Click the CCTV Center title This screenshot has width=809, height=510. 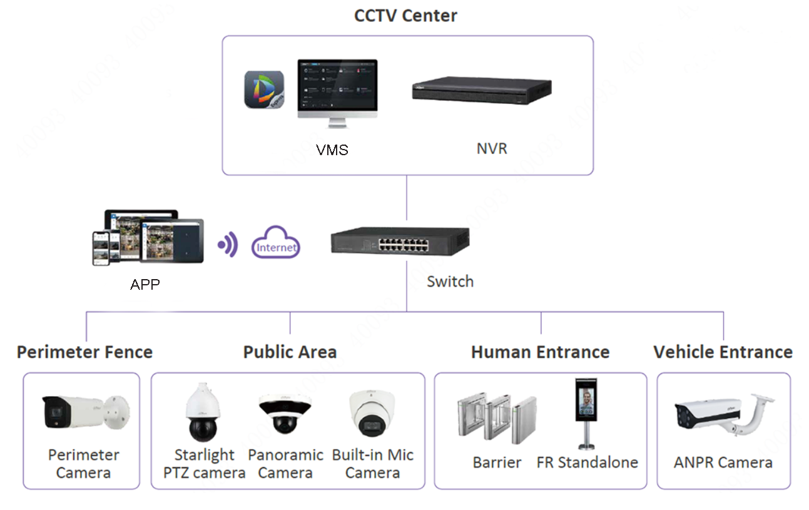tap(405, 16)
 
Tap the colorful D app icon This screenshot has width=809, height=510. tap(264, 89)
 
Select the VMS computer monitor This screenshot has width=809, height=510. tap(337, 93)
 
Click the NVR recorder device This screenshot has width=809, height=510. tap(482, 90)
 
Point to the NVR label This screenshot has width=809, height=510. tap(492, 148)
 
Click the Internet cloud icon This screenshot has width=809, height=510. tap(275, 242)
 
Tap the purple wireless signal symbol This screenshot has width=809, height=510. tap(228, 245)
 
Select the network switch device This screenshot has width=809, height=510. tap(400, 241)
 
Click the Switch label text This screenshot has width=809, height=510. tap(450, 282)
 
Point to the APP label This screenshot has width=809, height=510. tap(145, 284)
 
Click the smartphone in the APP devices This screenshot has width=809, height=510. tap(101, 248)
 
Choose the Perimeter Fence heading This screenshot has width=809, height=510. tap(84, 352)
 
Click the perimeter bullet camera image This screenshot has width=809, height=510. tap(86, 412)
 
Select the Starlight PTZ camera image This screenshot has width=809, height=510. tap(203, 412)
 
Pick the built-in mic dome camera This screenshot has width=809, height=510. tap(372, 413)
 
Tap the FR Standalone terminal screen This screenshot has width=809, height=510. tap(586, 399)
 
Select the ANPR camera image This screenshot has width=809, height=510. tap(724, 415)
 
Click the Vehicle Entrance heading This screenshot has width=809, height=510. tap(723, 352)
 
